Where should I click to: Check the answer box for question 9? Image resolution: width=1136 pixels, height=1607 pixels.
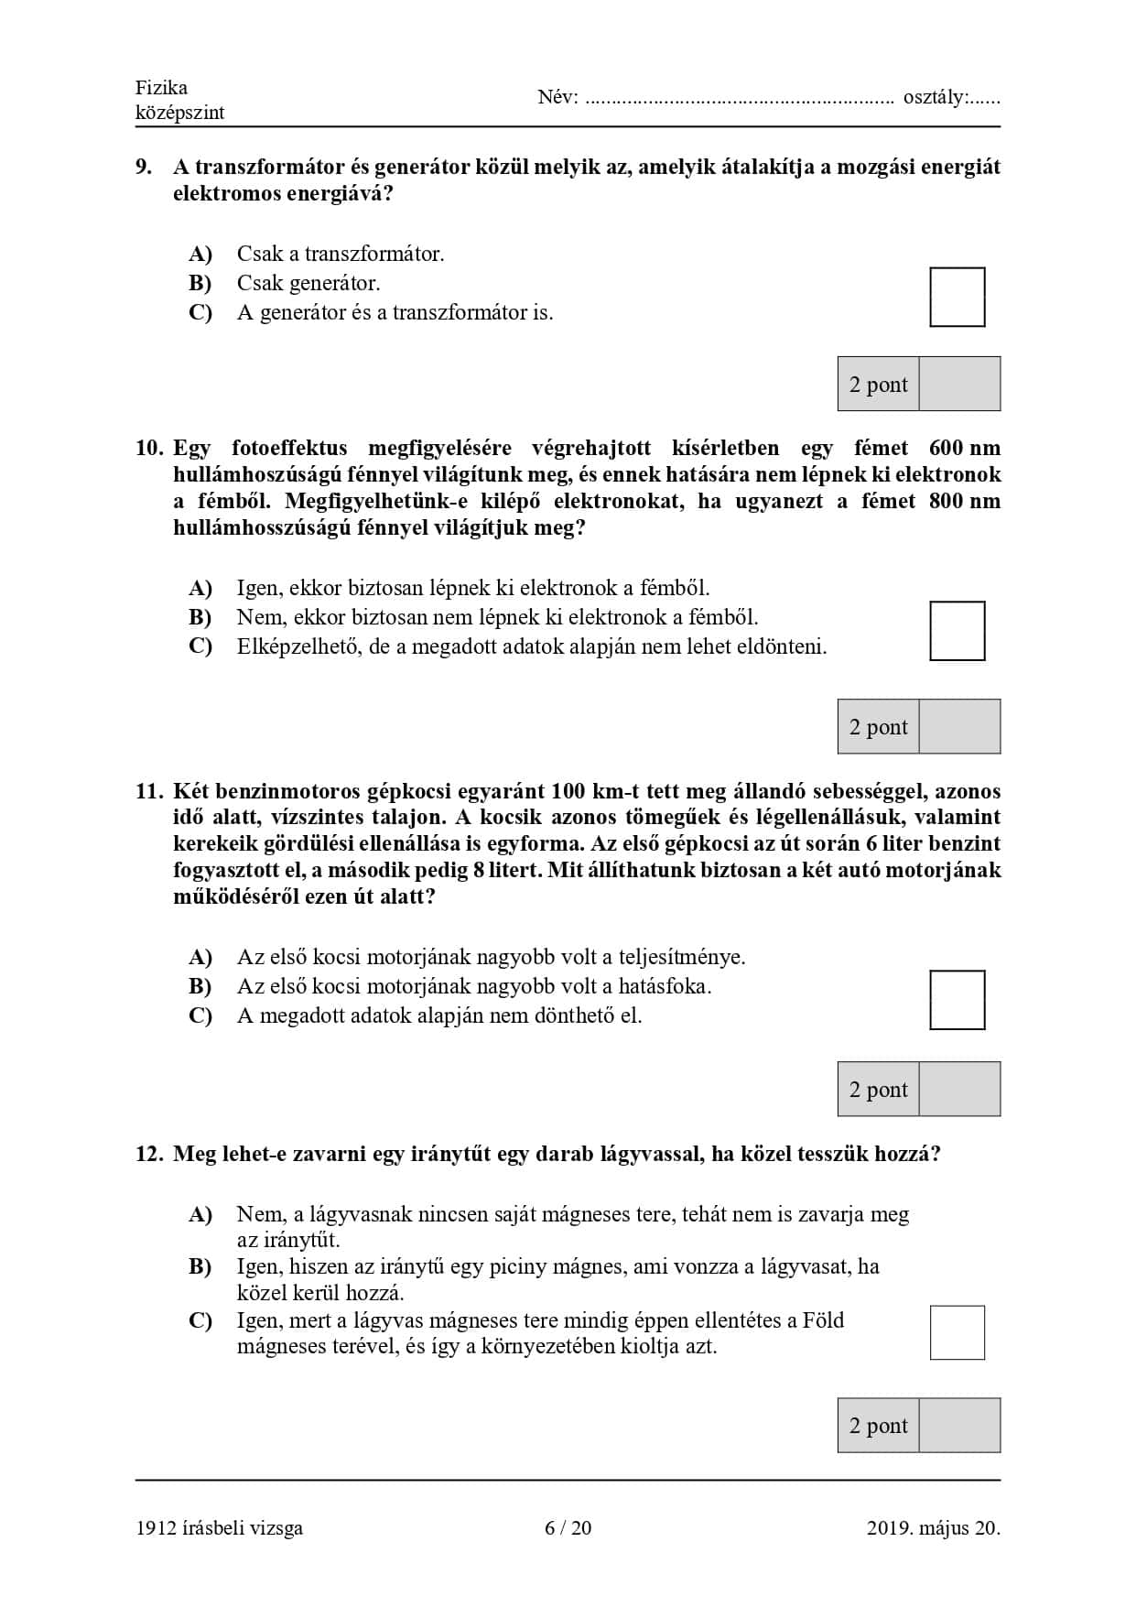tap(957, 297)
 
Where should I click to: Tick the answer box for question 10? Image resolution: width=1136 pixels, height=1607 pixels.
tap(957, 631)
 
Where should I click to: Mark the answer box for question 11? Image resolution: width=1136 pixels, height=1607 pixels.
tap(957, 1000)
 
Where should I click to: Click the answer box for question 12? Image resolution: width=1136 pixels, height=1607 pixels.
tap(957, 1332)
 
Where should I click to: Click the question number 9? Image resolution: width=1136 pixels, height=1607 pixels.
tap(144, 167)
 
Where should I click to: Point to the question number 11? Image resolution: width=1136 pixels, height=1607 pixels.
tap(148, 791)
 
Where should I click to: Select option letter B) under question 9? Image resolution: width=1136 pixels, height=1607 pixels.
tap(200, 283)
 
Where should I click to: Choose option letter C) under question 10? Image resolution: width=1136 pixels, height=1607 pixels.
tap(200, 646)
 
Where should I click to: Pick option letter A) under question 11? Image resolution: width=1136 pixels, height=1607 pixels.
tap(200, 957)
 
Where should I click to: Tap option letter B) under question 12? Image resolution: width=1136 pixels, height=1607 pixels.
tap(200, 1266)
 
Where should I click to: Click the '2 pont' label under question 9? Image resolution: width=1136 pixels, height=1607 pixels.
tap(878, 385)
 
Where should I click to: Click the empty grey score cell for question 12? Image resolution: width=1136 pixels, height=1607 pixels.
tap(959, 1425)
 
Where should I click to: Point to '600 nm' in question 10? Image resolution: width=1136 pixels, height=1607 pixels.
tap(964, 448)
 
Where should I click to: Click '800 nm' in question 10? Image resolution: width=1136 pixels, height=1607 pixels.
tap(964, 501)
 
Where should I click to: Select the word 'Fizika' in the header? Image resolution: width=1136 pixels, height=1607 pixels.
tap(161, 88)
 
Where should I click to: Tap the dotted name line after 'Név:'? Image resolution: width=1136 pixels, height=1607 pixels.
tap(739, 98)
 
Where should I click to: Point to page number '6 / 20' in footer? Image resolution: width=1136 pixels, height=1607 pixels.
tap(568, 1527)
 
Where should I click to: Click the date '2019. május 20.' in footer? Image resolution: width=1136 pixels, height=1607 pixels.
tap(933, 1527)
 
